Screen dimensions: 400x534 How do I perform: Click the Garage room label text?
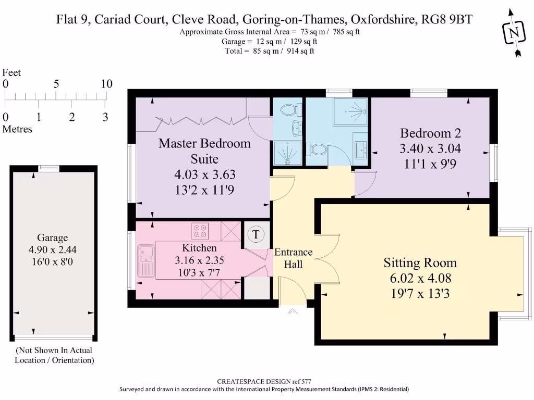click(x=53, y=238)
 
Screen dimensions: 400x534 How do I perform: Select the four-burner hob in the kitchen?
click(x=200, y=230)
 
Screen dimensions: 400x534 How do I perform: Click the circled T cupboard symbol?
click(x=256, y=234)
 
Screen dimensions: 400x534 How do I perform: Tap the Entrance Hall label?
click(x=293, y=258)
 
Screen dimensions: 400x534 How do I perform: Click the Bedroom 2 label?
click(x=430, y=132)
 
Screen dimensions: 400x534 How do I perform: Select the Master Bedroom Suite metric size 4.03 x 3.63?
click(x=204, y=174)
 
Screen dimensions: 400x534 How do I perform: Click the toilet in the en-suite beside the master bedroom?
click(x=288, y=110)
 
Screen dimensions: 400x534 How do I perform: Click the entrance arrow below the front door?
click(x=293, y=312)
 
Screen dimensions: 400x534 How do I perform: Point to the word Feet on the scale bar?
click(x=12, y=73)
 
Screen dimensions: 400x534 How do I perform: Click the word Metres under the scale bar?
click(x=17, y=129)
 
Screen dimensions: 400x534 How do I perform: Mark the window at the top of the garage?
click(x=48, y=168)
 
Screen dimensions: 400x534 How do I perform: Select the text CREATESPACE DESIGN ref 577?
click(x=264, y=381)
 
